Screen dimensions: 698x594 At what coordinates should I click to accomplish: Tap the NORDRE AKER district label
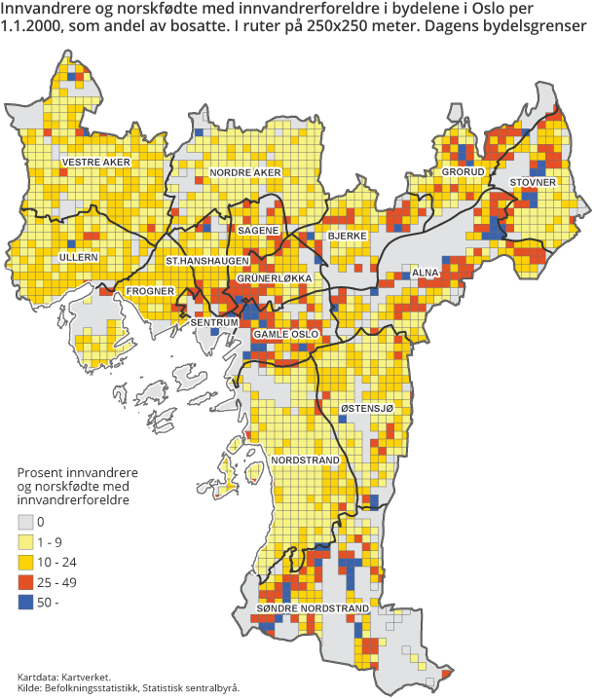[x=245, y=172]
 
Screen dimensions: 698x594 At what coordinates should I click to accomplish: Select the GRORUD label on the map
[x=464, y=172]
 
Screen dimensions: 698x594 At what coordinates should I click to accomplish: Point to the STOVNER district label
[x=532, y=182]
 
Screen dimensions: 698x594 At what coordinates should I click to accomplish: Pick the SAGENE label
[x=258, y=230]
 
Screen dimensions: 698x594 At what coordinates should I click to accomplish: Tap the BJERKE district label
[x=347, y=237]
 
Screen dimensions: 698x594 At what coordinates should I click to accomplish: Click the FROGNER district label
[x=150, y=291]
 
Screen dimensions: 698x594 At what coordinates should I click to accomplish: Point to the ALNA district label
[x=427, y=274]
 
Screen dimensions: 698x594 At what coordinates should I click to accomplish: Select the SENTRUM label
[x=214, y=321]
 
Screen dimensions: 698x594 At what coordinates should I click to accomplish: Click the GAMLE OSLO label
[x=285, y=334]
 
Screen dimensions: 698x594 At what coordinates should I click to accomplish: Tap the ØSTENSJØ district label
[x=367, y=408]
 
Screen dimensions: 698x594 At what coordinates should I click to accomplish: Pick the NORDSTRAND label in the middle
[x=305, y=459]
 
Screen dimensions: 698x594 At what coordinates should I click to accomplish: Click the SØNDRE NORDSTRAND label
[x=313, y=608]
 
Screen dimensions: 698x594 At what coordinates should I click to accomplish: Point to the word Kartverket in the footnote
[x=87, y=677]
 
